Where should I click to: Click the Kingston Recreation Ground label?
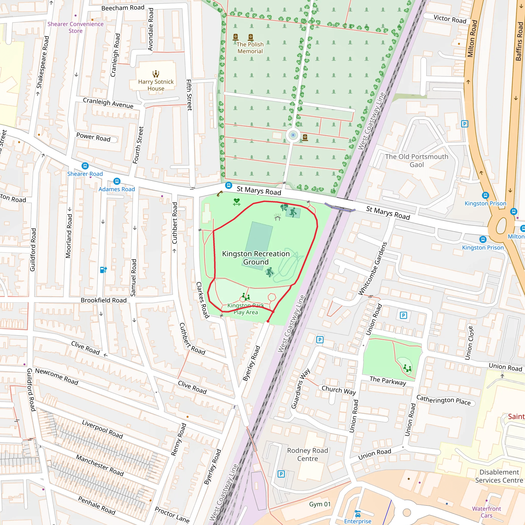pos(256,258)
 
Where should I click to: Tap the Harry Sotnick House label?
pos(156,85)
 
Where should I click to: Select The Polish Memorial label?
pos(250,48)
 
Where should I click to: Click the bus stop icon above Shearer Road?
pos(85,166)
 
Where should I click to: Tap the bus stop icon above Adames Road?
pos(117,181)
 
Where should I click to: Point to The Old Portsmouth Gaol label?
pos(416,160)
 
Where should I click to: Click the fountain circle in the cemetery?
pos(293,135)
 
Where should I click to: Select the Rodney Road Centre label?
pos(307,454)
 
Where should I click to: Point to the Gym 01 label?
pos(320,504)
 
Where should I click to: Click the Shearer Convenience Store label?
pos(76,27)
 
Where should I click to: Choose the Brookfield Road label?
pos(104,300)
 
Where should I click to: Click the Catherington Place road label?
pos(443,400)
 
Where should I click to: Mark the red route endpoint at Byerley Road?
pos(268,321)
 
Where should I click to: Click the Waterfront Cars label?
pos(486,512)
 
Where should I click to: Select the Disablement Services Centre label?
pos(499,476)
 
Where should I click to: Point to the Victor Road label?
pos(450,19)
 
